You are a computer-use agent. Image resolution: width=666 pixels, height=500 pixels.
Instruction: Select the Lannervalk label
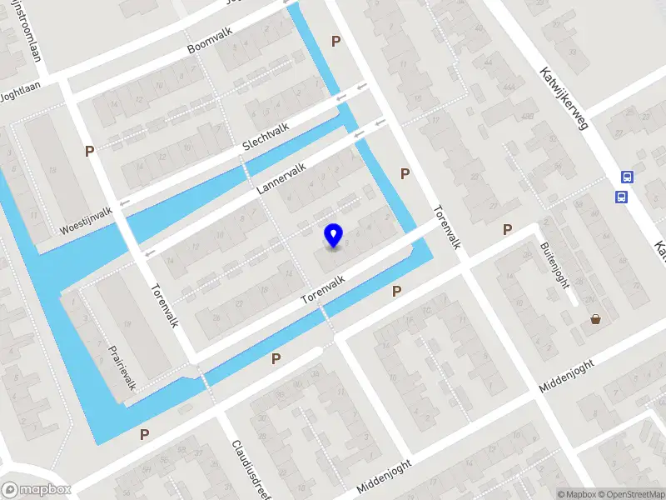coord(281,178)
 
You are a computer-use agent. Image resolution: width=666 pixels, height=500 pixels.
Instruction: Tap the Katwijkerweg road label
coord(564,97)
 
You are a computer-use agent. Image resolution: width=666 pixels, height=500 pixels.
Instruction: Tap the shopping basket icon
coord(596,318)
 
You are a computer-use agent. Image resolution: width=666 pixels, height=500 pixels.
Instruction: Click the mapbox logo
coord(36,489)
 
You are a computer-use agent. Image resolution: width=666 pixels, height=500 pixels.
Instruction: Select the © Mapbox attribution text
coord(575,494)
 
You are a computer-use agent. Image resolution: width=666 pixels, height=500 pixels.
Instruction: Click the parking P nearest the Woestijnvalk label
coord(89,151)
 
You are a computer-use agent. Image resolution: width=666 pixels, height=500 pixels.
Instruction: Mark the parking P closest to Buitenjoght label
coord(507,229)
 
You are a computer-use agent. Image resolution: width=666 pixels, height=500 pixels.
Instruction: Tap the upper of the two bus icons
coord(627,177)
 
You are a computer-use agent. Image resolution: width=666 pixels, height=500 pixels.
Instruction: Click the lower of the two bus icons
coord(621,197)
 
